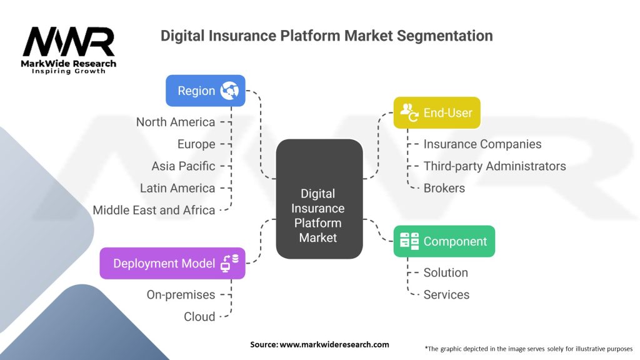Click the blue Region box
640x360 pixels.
(205, 91)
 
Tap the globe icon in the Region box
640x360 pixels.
(229, 91)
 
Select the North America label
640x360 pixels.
(176, 122)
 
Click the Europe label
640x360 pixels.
(196, 144)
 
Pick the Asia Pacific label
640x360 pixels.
(183, 166)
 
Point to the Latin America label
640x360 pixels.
(177, 188)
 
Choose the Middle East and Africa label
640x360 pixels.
(154, 210)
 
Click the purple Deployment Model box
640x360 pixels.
(172, 263)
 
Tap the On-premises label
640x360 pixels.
(181, 294)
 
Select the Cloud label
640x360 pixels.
(199, 316)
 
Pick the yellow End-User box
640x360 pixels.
(436, 112)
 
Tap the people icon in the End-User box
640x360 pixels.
(409, 112)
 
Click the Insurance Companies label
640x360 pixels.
(482, 144)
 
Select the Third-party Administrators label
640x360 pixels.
(494, 166)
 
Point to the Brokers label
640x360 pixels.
(444, 188)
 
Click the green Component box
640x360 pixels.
(444, 241)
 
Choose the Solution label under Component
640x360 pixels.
(446, 272)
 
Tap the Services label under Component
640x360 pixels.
(446, 294)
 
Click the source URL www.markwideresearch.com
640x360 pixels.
(334, 344)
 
